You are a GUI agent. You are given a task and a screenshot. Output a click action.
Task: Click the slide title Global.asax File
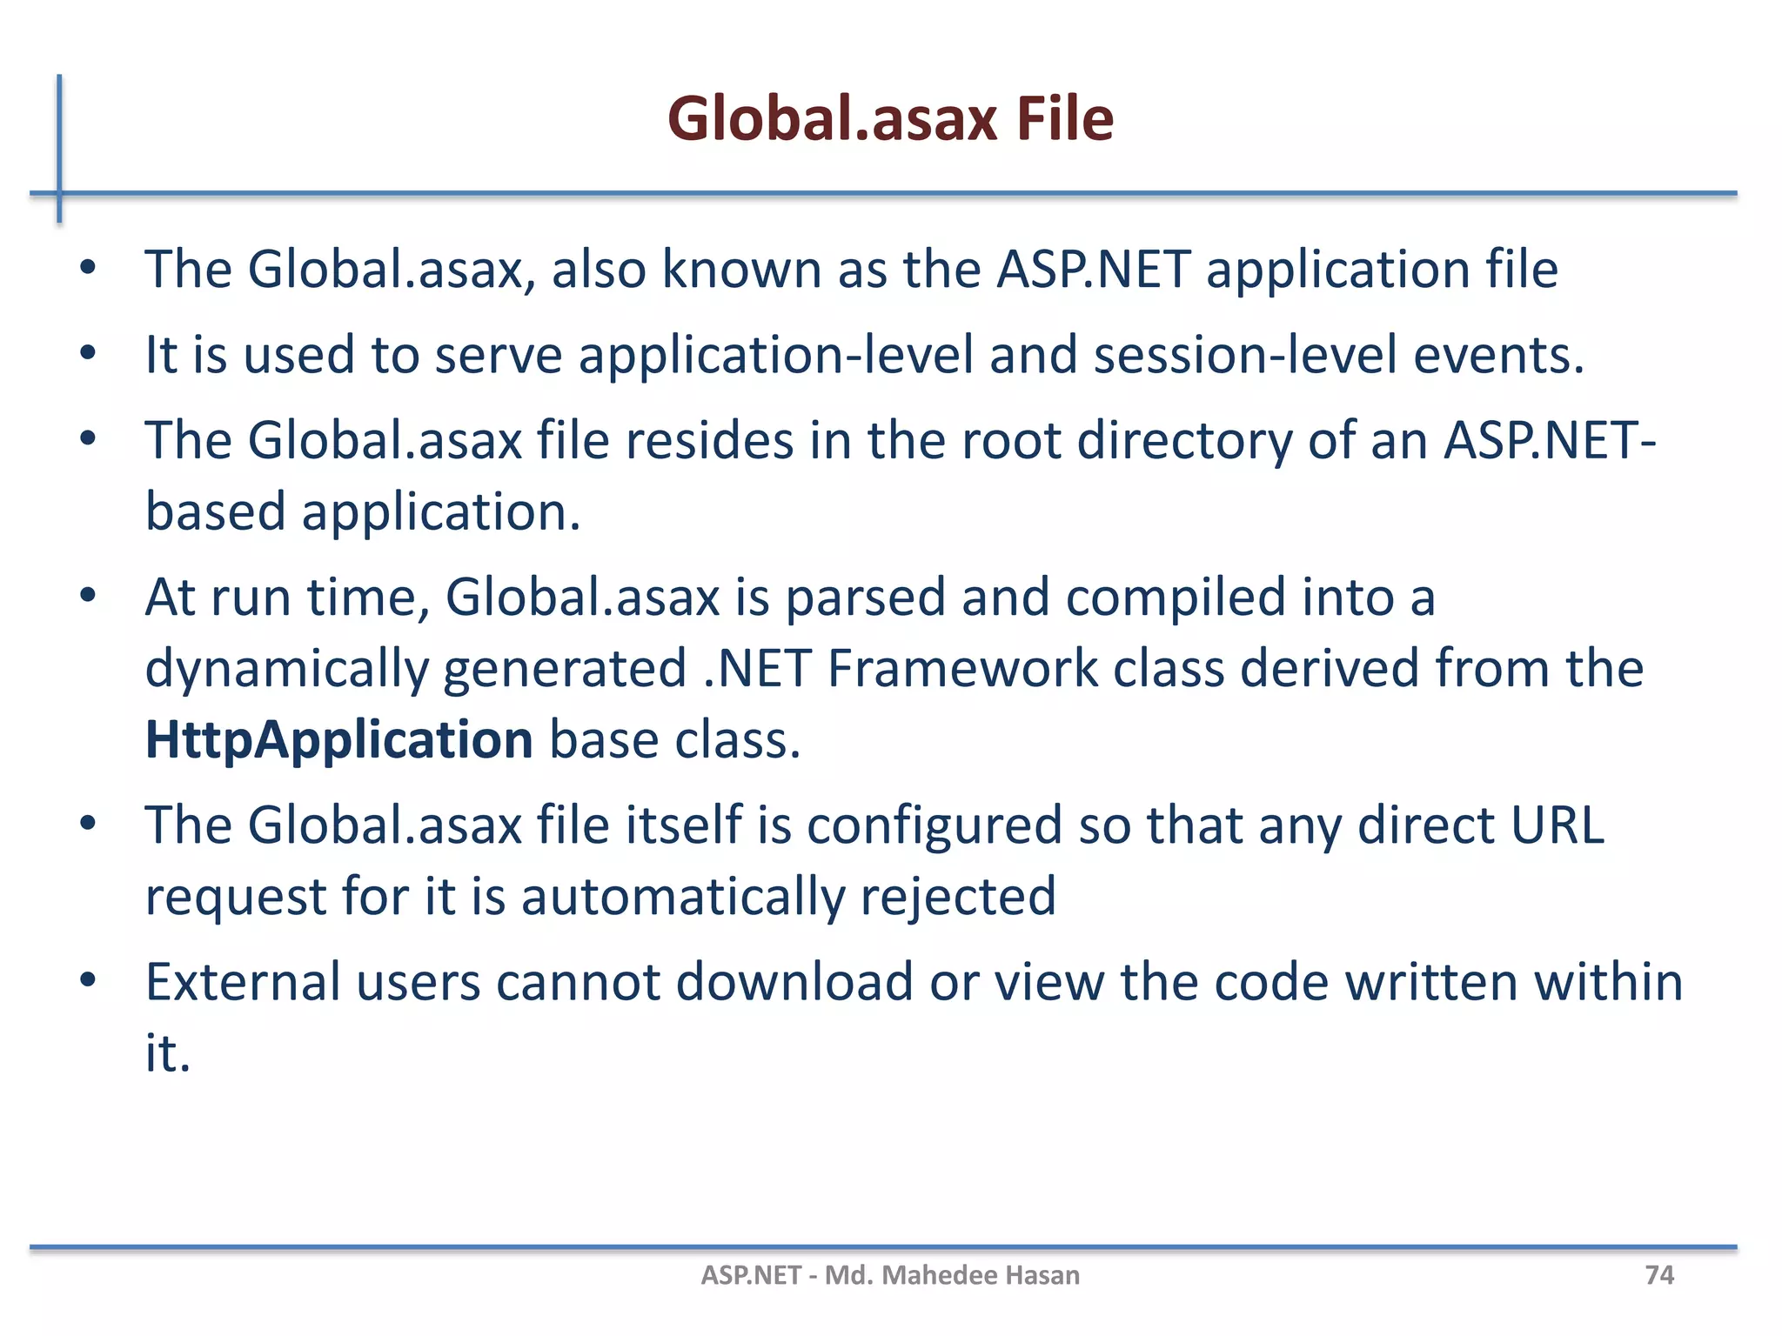coord(890,118)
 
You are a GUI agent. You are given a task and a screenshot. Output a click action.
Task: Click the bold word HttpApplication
coord(338,739)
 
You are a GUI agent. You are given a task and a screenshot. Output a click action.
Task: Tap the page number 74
coord(1658,1275)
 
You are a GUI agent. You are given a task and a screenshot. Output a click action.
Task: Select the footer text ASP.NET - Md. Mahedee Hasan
coord(890,1275)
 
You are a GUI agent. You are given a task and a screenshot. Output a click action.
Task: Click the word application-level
coord(776,355)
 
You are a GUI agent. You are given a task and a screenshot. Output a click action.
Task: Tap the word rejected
coord(958,896)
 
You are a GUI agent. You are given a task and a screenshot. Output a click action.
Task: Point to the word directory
coord(1184,440)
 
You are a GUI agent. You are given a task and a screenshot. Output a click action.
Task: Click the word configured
coord(935,826)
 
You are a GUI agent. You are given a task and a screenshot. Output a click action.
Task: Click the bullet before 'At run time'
coord(87,597)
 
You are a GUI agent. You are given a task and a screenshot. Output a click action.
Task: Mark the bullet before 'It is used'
coord(87,353)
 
